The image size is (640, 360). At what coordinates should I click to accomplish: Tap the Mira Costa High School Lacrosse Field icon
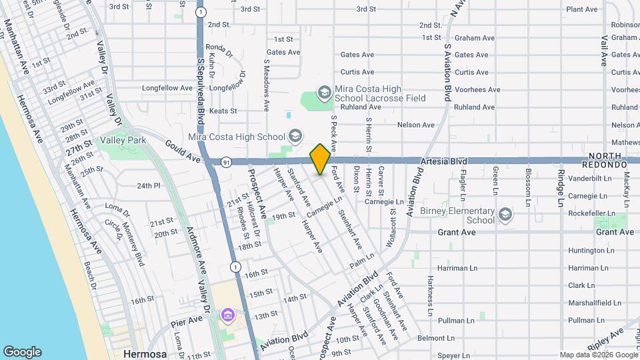[x=324, y=92]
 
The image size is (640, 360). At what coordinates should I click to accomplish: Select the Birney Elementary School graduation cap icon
[x=505, y=215]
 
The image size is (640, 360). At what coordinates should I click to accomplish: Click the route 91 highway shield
[x=226, y=161]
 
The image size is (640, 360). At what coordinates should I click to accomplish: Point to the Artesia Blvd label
[x=443, y=161]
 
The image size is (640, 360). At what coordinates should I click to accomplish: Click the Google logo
[x=23, y=351]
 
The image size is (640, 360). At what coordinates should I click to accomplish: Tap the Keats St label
[x=223, y=111]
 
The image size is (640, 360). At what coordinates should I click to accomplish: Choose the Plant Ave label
[x=581, y=9]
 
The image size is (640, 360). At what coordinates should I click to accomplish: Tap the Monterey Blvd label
[x=134, y=245]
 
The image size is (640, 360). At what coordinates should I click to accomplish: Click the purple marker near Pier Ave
[x=228, y=314]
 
